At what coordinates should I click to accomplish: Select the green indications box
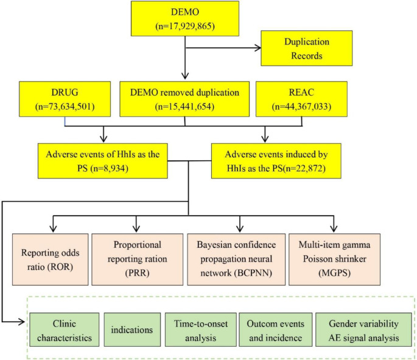131,330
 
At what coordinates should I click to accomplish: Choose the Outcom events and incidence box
273,330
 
